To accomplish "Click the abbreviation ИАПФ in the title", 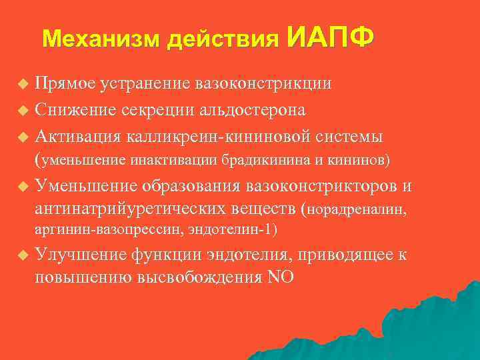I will click(331, 37).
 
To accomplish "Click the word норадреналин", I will click(360, 211).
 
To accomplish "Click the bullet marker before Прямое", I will click(23, 84).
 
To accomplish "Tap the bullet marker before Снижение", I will click(23, 109).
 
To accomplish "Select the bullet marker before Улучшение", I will click(23, 255).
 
